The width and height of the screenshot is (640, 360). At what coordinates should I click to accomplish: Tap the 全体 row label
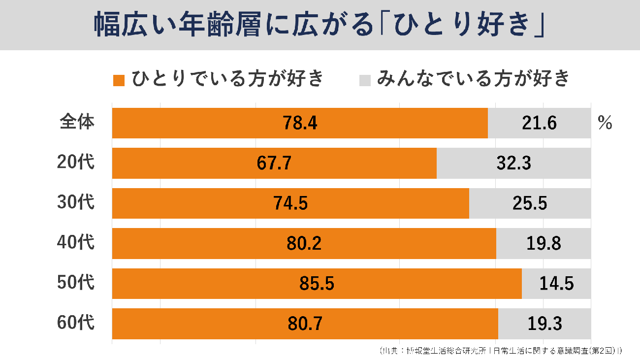(76, 123)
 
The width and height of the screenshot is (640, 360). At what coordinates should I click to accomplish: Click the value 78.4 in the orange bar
(300, 123)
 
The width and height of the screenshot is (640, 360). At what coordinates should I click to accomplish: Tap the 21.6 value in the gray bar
(539, 123)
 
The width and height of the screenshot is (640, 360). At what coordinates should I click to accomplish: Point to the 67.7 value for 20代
(274, 164)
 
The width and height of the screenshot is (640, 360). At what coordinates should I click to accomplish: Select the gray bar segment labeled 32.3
(513, 164)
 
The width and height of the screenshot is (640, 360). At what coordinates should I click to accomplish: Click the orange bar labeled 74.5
(290, 203)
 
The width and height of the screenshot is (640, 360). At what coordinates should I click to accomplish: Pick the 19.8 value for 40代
(544, 244)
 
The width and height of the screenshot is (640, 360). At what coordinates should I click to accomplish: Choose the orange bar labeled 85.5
(317, 284)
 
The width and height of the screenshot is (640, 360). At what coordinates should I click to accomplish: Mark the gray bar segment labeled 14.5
(556, 284)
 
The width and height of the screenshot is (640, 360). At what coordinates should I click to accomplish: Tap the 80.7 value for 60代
(305, 324)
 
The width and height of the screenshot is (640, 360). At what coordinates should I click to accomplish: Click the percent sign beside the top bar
(605, 124)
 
